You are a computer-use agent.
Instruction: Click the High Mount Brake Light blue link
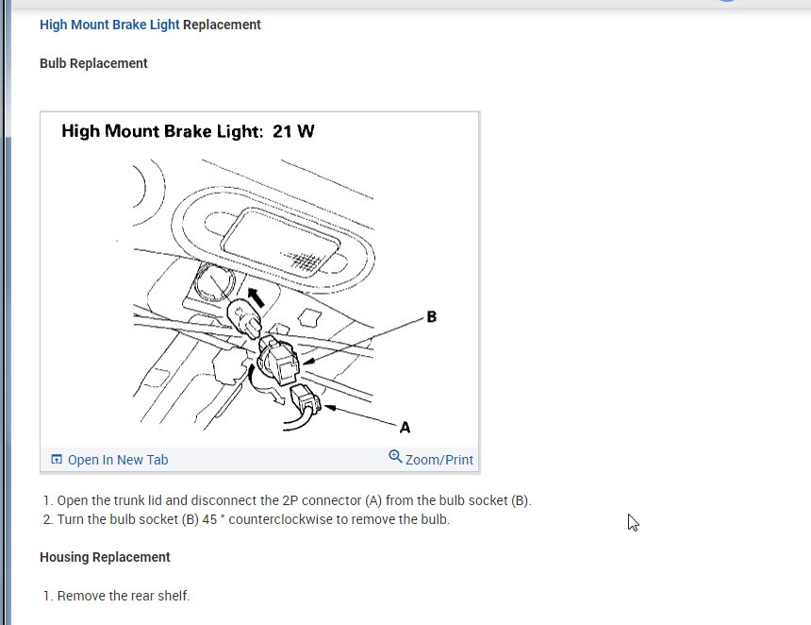click(109, 25)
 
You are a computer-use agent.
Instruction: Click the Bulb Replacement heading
click(93, 63)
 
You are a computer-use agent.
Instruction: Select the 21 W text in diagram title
click(293, 131)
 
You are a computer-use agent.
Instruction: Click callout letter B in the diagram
click(432, 316)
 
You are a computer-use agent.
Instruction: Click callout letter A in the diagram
click(405, 427)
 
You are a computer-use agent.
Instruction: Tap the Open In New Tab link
click(118, 460)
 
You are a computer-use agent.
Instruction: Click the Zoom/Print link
click(439, 460)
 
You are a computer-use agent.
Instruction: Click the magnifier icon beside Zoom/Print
click(395, 457)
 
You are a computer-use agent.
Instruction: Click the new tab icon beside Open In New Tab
click(57, 460)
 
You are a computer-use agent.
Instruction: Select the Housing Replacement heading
click(105, 557)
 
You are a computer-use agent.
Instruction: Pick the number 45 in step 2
click(209, 520)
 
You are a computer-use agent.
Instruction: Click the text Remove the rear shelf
click(124, 596)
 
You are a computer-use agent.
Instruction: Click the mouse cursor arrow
click(633, 522)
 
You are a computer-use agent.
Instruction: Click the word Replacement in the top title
click(222, 25)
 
